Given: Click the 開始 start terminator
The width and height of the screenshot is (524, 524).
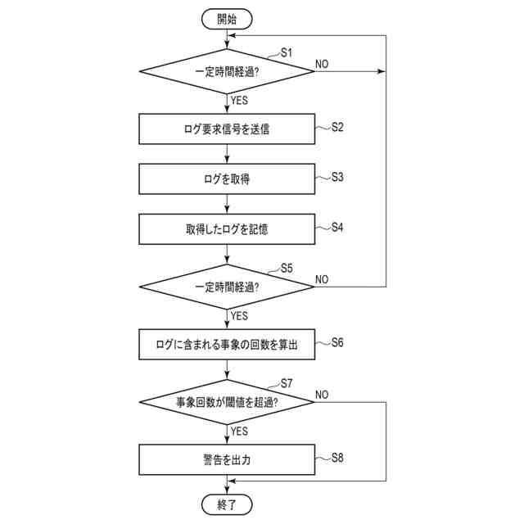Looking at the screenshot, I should click(227, 19).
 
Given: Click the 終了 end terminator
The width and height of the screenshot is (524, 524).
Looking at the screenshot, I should click(227, 504).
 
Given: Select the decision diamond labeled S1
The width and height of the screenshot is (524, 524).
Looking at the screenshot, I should click(227, 72).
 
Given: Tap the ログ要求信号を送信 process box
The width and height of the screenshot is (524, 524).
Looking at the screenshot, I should click(227, 129).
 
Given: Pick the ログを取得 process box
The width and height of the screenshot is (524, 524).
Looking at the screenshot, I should click(227, 178).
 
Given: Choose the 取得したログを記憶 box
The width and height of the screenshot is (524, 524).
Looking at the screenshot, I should click(227, 229).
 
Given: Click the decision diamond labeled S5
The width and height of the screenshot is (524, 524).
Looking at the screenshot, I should click(227, 287).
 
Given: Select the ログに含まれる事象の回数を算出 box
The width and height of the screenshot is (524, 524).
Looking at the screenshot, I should click(227, 345).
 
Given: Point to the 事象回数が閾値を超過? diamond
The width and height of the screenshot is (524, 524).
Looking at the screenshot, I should click(227, 402).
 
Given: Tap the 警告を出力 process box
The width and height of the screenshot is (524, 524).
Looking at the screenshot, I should click(227, 459).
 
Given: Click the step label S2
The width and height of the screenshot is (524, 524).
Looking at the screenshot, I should click(337, 127).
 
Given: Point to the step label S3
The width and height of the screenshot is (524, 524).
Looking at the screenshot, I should click(337, 177).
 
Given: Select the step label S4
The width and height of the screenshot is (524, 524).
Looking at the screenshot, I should click(337, 227).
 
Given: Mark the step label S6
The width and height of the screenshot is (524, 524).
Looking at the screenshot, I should click(337, 342).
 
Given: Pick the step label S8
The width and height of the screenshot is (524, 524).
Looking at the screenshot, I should click(337, 457).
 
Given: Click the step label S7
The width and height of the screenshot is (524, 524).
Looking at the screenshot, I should click(287, 382).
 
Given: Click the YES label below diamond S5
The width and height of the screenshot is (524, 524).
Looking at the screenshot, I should click(240, 315).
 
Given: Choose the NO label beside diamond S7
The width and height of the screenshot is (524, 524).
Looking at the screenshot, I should click(322, 395).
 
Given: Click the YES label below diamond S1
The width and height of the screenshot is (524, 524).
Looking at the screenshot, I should click(240, 102).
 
